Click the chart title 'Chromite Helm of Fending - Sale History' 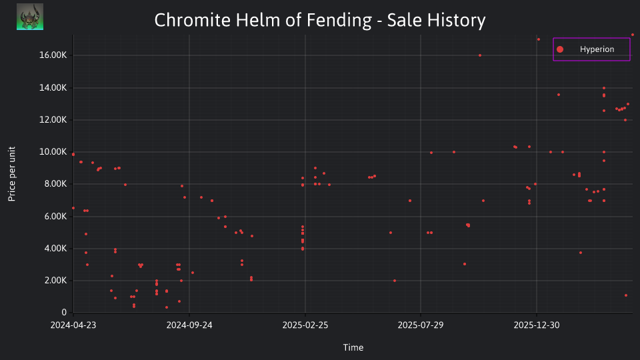(x=320, y=20)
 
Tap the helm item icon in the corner (x=30, y=17)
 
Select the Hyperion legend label (x=597, y=49)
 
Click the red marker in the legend (x=560, y=49)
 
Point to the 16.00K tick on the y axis (x=53, y=55)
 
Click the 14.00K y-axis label (x=53, y=87)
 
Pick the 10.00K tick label (x=53, y=152)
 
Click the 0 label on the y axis (x=64, y=313)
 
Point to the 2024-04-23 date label (x=73, y=325)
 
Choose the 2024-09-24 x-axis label (x=189, y=325)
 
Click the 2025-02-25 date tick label (x=305, y=325)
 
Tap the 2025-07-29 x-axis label (x=421, y=325)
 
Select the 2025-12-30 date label (x=537, y=325)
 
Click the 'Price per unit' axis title (x=12, y=174)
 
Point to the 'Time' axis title (x=353, y=348)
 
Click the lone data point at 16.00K (x=480, y=55)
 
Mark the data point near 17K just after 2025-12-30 (x=539, y=39)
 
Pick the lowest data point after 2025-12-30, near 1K (x=626, y=295)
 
